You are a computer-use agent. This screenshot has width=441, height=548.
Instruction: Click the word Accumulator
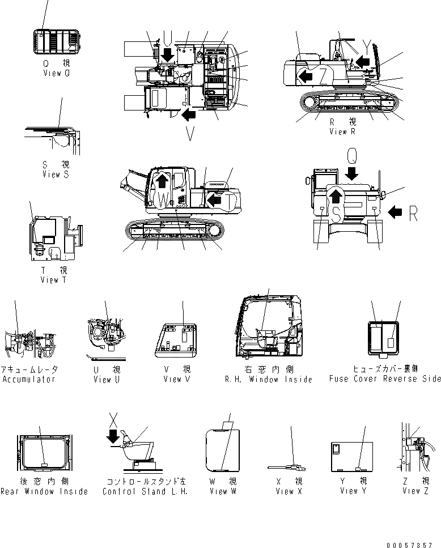tap(29, 379)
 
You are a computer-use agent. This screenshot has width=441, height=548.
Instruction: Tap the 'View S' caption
tap(56, 175)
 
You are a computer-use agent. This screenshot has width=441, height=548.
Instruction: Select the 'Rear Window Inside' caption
tap(44, 491)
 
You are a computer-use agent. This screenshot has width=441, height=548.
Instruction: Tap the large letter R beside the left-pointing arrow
tap(413, 213)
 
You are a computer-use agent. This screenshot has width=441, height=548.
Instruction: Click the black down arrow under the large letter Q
tap(351, 172)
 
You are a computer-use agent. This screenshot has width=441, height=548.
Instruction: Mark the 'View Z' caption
tap(416, 491)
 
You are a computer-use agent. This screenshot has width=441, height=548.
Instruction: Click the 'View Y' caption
tap(349, 491)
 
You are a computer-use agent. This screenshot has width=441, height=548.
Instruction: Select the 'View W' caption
tap(222, 491)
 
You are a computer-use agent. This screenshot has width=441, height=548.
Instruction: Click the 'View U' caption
tap(106, 379)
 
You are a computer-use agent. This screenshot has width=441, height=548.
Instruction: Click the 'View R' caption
tap(342, 131)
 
